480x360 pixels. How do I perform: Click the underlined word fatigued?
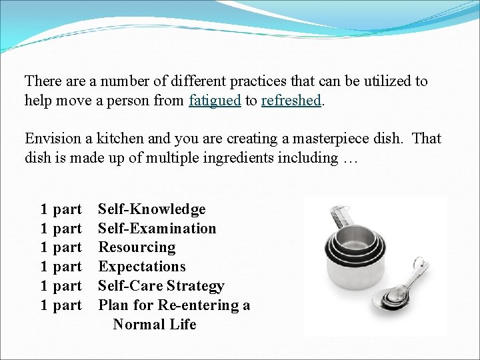[x=215, y=101]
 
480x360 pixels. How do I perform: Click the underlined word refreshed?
[x=292, y=101]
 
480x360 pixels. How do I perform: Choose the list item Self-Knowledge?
[x=152, y=209]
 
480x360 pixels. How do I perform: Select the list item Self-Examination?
[x=157, y=229]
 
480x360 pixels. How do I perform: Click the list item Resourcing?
[x=137, y=247]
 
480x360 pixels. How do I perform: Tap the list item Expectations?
[x=142, y=267]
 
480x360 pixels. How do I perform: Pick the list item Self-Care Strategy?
[x=161, y=286]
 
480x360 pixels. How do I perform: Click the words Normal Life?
[x=155, y=325]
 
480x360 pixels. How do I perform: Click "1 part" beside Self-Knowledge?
[x=61, y=209]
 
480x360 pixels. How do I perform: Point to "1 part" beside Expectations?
[x=61, y=267]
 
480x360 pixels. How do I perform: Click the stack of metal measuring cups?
[x=357, y=260]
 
